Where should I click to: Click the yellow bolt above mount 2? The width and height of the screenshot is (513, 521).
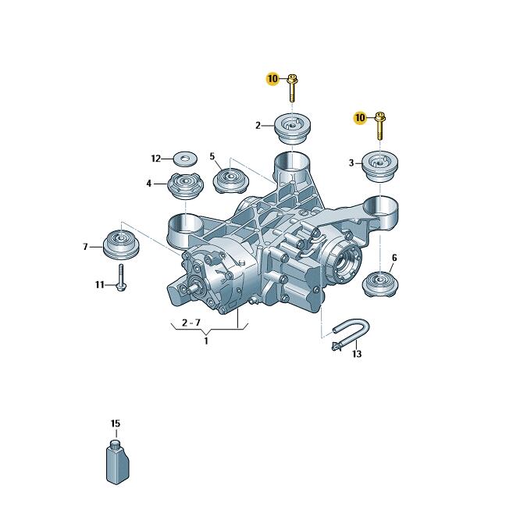pyautogui.click(x=292, y=88)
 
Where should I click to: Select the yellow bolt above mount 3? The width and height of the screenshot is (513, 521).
pyautogui.click(x=380, y=127)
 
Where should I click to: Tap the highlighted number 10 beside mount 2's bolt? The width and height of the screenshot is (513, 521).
pyautogui.click(x=273, y=79)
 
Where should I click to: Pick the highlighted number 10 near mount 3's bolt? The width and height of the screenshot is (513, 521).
pyautogui.click(x=360, y=118)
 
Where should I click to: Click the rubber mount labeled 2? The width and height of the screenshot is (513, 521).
pyautogui.click(x=293, y=129)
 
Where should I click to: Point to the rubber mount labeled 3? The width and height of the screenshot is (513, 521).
pyautogui.click(x=380, y=166)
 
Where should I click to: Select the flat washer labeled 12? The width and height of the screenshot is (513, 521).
pyautogui.click(x=185, y=159)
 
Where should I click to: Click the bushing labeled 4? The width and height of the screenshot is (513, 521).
pyautogui.click(x=185, y=186)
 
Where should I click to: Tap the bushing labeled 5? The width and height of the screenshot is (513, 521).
pyautogui.click(x=230, y=180)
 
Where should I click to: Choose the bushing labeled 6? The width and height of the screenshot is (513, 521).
pyautogui.click(x=379, y=284)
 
